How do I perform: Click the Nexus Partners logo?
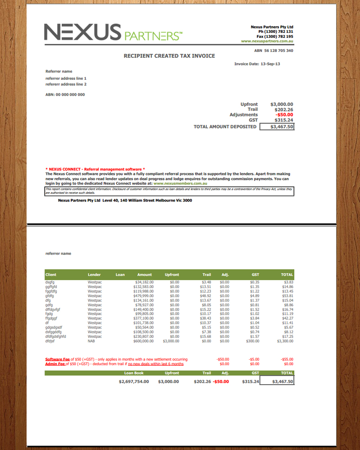pos(113,32)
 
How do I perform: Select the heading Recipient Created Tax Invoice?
pos(169,56)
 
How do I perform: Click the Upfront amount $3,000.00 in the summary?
pos(282,104)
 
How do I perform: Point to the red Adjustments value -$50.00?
pos(284,115)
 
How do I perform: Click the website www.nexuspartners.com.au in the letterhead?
pos(267,41)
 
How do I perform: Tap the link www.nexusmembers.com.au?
pos(180,184)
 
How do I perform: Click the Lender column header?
pos(94,275)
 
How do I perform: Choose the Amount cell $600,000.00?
pos(144,341)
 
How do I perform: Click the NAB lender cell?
pos(91,341)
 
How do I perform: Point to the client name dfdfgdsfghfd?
pos(56,336)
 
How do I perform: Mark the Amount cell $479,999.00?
pos(144,296)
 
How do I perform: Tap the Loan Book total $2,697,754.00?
pos(134,381)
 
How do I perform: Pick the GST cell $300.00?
pos(254,341)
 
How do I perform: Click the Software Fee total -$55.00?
pos(287,359)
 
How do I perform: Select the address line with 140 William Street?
pos(125,200)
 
